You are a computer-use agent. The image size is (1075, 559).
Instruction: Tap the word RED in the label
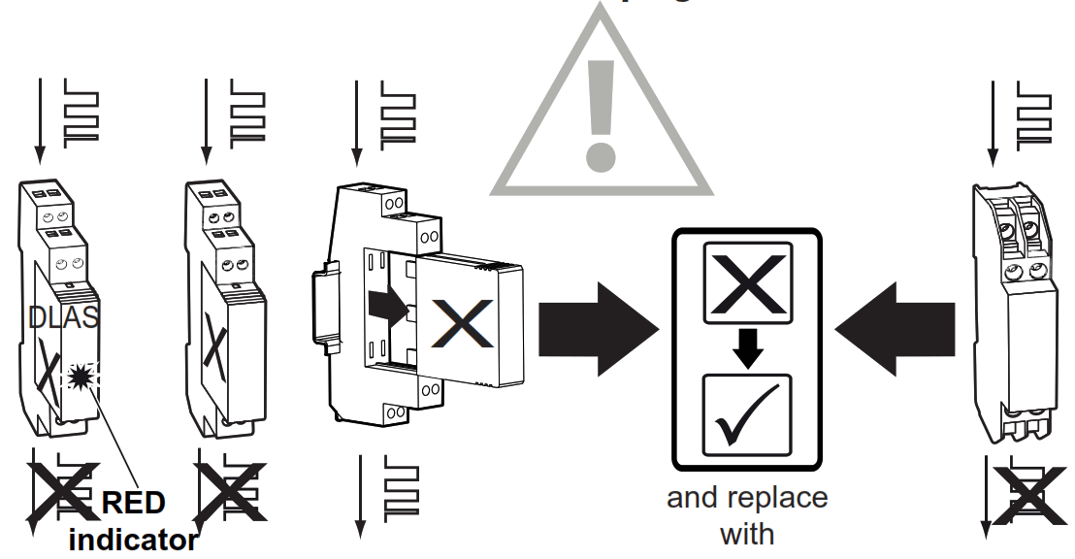[x=133, y=504]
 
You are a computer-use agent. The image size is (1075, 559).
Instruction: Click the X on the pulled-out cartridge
[x=463, y=323]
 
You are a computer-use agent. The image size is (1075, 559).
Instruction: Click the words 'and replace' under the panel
[x=747, y=498]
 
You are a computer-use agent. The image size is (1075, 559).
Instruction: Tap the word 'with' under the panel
[x=747, y=533]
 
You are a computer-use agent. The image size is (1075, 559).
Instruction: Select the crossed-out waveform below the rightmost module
[x=1028, y=493]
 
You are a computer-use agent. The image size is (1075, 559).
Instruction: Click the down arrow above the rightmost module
[x=993, y=121]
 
